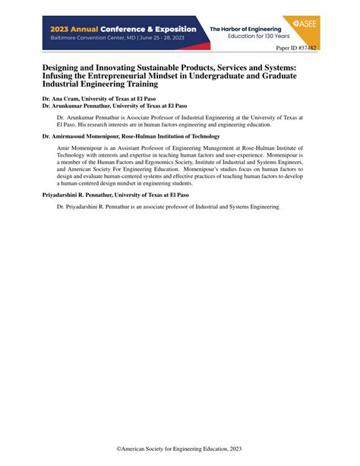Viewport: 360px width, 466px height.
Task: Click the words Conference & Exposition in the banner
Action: (x=150, y=29)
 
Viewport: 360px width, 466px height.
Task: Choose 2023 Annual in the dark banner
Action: (x=75, y=29)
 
